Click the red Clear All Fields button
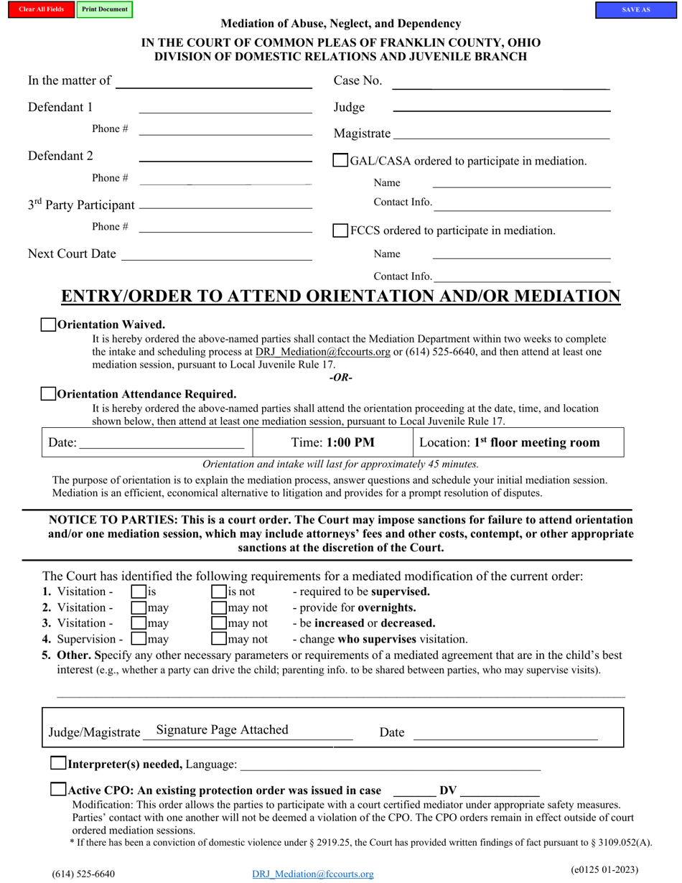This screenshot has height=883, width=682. [x=42, y=10]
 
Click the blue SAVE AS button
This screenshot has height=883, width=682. [x=635, y=10]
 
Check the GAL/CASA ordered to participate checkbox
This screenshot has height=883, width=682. [x=341, y=161]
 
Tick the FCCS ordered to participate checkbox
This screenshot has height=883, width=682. [x=341, y=230]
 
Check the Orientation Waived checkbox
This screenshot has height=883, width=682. [x=48, y=324]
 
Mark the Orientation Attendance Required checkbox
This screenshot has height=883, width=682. [x=48, y=394]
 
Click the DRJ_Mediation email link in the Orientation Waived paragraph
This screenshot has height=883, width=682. [x=322, y=352]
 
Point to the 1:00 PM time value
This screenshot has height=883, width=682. [x=350, y=442]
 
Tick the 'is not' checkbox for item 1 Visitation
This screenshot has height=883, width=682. [x=219, y=592]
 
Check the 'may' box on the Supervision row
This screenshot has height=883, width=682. [x=139, y=638]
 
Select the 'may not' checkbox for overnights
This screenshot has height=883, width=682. [x=219, y=608]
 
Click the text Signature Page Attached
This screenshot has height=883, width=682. [x=222, y=729]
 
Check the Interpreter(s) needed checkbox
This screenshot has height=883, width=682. [x=58, y=764]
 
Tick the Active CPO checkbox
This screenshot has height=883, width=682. [x=58, y=790]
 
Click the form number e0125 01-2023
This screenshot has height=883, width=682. [x=604, y=869]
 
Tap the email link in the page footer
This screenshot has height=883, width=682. [x=313, y=874]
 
